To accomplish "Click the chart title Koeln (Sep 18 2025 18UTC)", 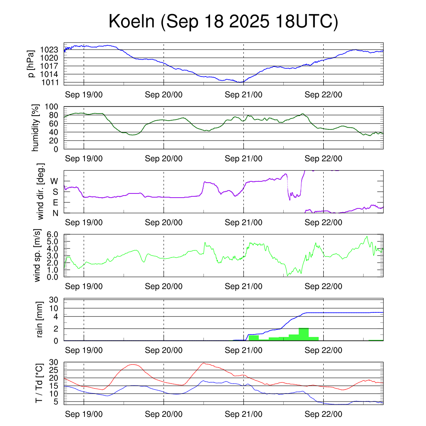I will [223, 22].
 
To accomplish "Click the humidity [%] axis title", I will [36, 128].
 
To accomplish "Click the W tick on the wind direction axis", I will [54, 181].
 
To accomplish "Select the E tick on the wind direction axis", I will [55, 203].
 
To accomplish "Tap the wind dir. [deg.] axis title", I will [41, 192].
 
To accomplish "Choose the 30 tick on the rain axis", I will [53, 300].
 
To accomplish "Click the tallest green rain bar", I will [304, 334].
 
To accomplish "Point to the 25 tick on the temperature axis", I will [53, 370].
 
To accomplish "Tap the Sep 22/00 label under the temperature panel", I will [323, 414].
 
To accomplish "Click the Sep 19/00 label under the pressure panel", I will [84, 94].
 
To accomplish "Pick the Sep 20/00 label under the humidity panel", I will [163, 159].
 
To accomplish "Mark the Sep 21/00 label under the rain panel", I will [243, 350].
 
